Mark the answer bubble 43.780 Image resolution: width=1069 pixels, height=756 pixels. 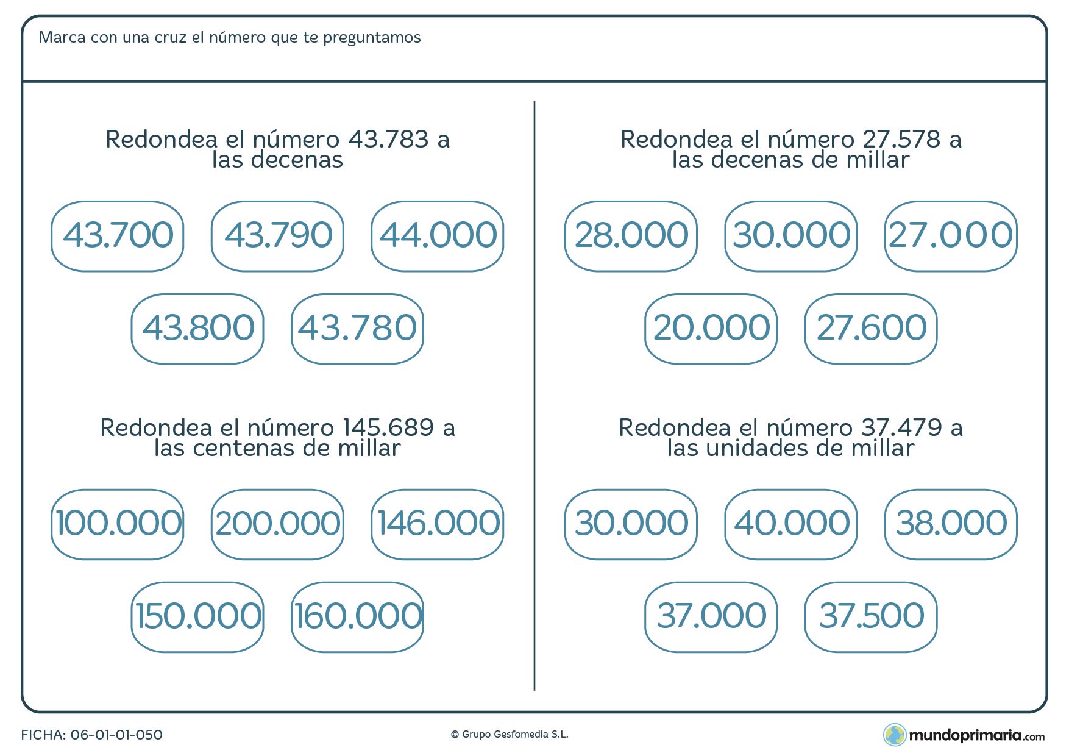pyautogui.click(x=357, y=329)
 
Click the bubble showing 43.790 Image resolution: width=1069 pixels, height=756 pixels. pyautogui.click(x=277, y=236)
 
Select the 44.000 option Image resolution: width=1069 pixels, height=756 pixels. pyautogui.click(x=437, y=236)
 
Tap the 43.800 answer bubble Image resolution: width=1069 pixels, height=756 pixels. pyautogui.click(x=197, y=329)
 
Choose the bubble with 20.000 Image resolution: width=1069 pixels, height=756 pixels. pyautogui.click(x=711, y=329)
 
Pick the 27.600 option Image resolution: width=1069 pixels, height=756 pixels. pyautogui.click(x=870, y=329)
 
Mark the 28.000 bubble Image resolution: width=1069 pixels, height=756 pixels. pyautogui.click(x=631, y=236)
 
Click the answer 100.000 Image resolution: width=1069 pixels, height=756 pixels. pyautogui.click(x=118, y=524)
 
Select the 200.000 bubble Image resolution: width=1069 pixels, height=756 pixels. pyautogui.click(x=277, y=524)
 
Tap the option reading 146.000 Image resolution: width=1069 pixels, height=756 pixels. pyautogui.click(x=437, y=524)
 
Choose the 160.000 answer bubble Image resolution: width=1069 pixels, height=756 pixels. pyautogui.click(x=357, y=617)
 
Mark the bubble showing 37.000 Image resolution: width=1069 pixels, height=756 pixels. pyautogui.click(x=711, y=617)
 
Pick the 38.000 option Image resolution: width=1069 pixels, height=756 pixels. pyautogui.click(x=951, y=524)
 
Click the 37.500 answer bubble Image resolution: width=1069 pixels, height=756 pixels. pyautogui.click(x=870, y=617)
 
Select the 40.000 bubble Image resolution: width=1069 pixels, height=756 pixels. pyautogui.click(x=791, y=524)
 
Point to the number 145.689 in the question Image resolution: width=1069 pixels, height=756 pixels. pyautogui.click(x=388, y=427)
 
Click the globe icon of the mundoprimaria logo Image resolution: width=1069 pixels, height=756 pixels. pyautogui.click(x=895, y=735)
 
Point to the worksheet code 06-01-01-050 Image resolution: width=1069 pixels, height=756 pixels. pyautogui.click(x=116, y=735)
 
